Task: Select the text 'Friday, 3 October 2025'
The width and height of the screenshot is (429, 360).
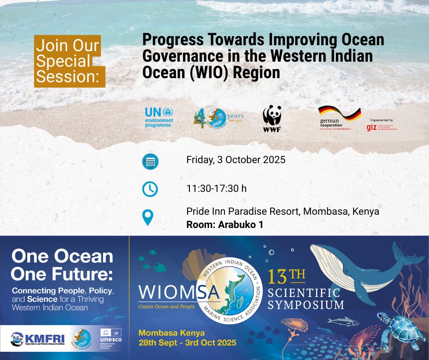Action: click(x=235, y=160)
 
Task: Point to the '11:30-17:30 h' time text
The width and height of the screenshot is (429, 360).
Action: click(x=216, y=188)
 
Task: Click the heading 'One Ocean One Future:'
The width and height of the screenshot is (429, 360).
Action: click(x=62, y=265)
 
